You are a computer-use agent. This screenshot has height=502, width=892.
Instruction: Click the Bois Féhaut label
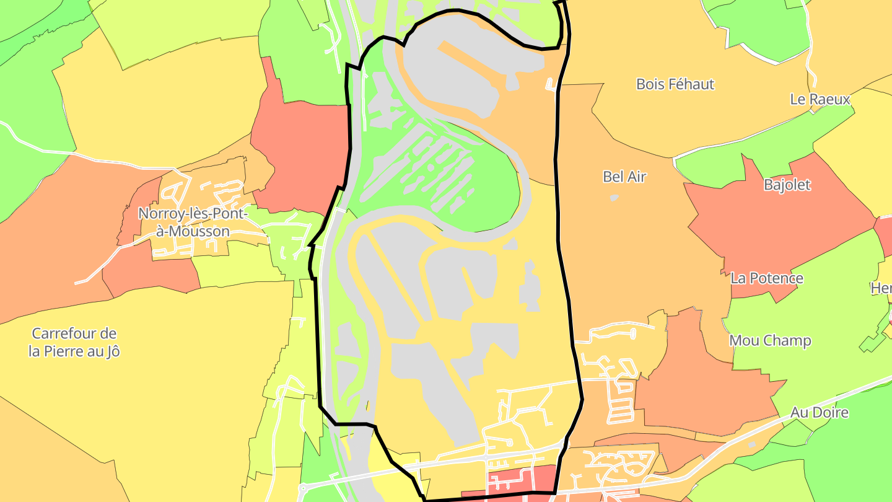(x=675, y=84)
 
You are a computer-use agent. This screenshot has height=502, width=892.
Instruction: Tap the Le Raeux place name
(x=820, y=99)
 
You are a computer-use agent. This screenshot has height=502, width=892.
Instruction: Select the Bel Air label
(x=624, y=177)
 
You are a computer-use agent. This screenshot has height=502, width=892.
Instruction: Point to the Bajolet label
(x=787, y=185)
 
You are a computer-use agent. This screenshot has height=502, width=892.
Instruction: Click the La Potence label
(x=767, y=278)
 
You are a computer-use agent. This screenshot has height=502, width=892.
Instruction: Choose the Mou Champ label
(x=770, y=340)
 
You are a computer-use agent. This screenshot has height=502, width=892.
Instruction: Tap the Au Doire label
(x=819, y=412)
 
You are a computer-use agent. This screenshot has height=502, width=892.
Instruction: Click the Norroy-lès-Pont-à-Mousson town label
(x=192, y=222)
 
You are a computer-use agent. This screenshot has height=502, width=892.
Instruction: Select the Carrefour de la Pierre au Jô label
(x=74, y=342)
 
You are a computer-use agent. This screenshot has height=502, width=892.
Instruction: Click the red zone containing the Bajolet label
(x=774, y=223)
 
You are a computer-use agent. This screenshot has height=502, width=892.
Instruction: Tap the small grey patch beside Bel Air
(x=614, y=198)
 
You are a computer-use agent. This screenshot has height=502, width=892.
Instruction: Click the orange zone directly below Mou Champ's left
(x=700, y=390)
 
